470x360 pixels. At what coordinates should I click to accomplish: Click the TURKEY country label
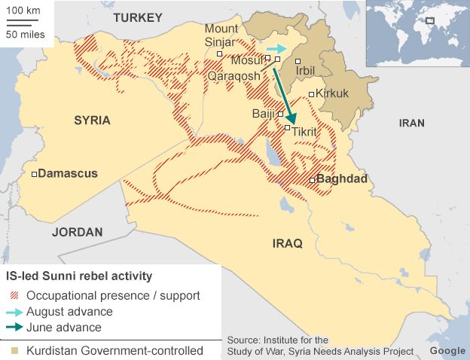pos(138,17)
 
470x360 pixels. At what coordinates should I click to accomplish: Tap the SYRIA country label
pos(92,120)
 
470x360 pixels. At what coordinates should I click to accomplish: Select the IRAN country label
pos(411,123)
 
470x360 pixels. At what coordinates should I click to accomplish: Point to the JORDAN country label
pos(77,232)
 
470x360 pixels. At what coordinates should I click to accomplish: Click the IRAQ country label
pos(287,243)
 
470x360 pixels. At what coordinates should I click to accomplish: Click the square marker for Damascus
pos(34,174)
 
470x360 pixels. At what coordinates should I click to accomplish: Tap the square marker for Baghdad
pos(312,180)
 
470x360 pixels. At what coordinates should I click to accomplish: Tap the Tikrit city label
pos(304,132)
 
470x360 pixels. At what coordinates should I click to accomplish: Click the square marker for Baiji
pos(280,114)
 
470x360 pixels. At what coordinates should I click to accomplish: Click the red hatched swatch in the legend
pos(14,295)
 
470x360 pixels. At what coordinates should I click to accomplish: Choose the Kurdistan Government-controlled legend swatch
pos(14,351)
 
